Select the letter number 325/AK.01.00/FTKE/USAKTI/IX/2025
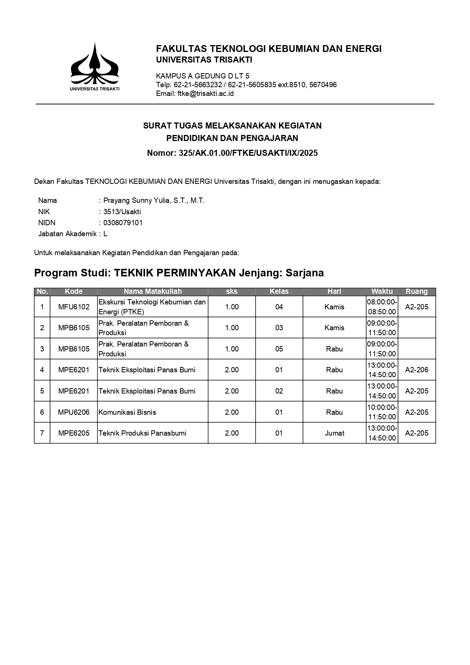click(248, 153)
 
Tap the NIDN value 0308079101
click(123, 223)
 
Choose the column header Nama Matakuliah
click(153, 292)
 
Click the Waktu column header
click(382, 292)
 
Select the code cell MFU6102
click(74, 307)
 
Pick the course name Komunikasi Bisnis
click(127, 412)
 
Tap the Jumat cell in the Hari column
click(334, 433)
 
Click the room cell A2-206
click(417, 370)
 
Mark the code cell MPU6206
click(74, 412)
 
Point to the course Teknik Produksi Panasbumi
click(142, 433)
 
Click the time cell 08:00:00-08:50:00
click(382, 307)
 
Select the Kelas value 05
click(279, 349)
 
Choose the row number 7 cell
click(42, 433)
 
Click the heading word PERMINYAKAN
click(195, 273)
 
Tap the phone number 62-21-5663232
click(198, 85)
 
